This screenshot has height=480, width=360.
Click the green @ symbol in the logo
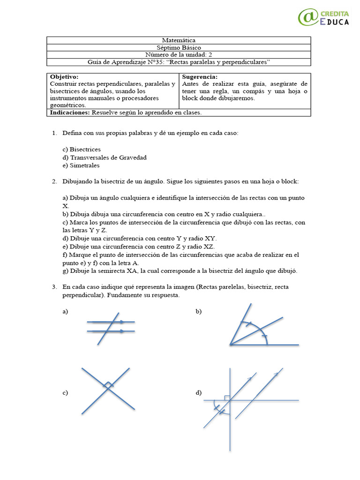point(308,17)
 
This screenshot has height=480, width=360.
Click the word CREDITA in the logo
point(335,13)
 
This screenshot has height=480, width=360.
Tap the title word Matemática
point(178,41)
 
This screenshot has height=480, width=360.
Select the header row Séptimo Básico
point(178,48)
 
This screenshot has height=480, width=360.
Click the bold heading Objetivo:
point(64,76)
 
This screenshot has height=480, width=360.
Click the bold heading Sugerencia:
point(199,76)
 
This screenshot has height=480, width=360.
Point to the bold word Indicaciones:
point(70,112)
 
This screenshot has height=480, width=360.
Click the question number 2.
point(54,181)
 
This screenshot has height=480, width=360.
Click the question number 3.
point(54,286)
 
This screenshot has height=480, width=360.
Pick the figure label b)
point(199,312)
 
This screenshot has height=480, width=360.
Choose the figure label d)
point(199,393)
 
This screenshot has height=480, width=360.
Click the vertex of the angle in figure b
point(230,345)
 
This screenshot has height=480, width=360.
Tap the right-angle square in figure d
point(227,397)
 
